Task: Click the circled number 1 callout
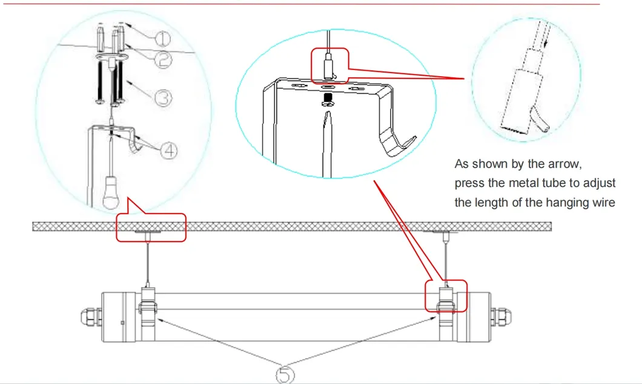[x=162, y=39]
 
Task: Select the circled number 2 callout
[x=164, y=60]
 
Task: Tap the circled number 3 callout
[x=164, y=98]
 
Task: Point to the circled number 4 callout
[x=168, y=151]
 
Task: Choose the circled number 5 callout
[x=285, y=374]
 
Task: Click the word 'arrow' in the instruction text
[x=566, y=164]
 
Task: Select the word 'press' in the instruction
[x=468, y=184]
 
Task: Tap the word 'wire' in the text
[x=603, y=203]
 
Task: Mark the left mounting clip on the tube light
[x=148, y=314]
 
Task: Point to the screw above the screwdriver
[x=327, y=100]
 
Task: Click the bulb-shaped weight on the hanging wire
[x=110, y=192]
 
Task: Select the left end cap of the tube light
[x=119, y=317]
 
